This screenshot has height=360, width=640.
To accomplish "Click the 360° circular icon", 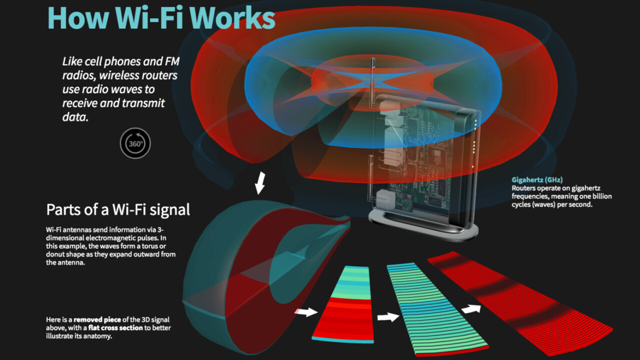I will pos(135,143).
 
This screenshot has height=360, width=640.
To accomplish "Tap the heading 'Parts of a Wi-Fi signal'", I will pos(118,209).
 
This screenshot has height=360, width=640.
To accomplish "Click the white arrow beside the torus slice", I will pos(305,312).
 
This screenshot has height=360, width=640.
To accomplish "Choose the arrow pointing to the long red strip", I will pos(470,309).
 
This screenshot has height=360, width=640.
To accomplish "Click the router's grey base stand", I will pos(422,224).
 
